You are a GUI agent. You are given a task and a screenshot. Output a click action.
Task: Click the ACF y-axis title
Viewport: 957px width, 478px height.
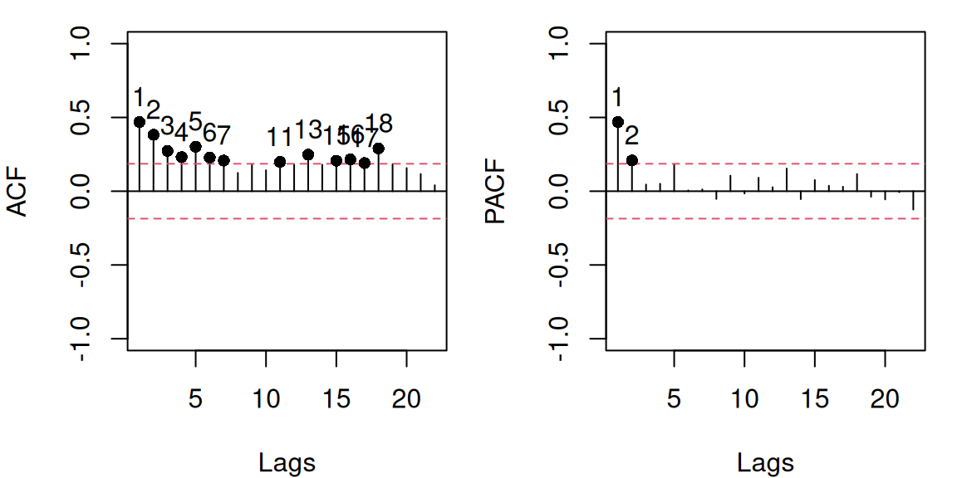[19, 192]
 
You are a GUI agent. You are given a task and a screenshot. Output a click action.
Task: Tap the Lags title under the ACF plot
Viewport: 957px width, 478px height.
[287, 462]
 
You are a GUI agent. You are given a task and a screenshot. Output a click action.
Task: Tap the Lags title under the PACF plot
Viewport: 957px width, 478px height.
[765, 462]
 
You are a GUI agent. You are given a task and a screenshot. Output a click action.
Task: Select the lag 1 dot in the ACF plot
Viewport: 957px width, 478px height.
[140, 122]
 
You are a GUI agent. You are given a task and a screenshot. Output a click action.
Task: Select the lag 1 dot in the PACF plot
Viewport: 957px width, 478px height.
[618, 122]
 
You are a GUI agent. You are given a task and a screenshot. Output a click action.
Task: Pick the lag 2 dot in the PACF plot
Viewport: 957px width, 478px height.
[632, 160]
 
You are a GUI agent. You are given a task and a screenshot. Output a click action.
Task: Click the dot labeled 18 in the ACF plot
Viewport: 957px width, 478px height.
[379, 149]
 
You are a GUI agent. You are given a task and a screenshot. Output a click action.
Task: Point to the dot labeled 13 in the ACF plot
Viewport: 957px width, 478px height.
[308, 154]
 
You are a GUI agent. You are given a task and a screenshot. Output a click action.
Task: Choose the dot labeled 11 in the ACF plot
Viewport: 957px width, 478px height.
[280, 162]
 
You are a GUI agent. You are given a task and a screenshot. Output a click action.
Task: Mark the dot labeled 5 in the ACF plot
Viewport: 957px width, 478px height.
[196, 147]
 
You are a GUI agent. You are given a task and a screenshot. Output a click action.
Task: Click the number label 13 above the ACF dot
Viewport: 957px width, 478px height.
[308, 130]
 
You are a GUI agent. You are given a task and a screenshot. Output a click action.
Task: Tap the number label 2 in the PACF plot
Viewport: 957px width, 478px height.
[632, 135]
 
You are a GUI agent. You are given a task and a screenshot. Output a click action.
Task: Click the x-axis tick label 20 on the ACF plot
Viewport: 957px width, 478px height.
[406, 399]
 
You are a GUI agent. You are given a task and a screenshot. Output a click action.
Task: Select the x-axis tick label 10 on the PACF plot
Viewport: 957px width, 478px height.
[745, 399]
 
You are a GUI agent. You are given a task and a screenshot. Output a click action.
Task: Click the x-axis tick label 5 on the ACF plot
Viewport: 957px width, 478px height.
[196, 399]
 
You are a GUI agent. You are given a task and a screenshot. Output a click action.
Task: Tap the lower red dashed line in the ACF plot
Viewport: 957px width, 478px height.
[287, 218]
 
